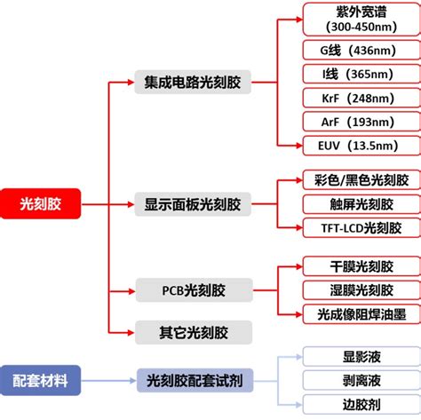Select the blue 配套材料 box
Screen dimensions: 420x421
pyautogui.click(x=39, y=380)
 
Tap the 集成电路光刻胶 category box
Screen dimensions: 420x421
pyautogui.click(x=193, y=84)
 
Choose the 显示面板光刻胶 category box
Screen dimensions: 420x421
pyautogui.click(x=193, y=205)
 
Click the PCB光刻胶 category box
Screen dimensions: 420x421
pyautogui.click(x=194, y=290)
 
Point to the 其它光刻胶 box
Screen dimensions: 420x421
pyautogui.click(x=194, y=333)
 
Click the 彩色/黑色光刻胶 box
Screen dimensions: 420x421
pyautogui.click(x=355, y=180)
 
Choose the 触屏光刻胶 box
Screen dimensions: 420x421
pyautogui.click(x=355, y=203)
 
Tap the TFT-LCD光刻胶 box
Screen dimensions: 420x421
pyautogui.click(x=355, y=227)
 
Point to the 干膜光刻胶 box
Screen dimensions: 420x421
pyautogui.click(x=355, y=265)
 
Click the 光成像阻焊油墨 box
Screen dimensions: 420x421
pyautogui.click(x=355, y=313)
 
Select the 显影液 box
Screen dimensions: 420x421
pyautogui.click(x=355, y=356)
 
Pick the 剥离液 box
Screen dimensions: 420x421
pyautogui.click(x=355, y=380)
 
